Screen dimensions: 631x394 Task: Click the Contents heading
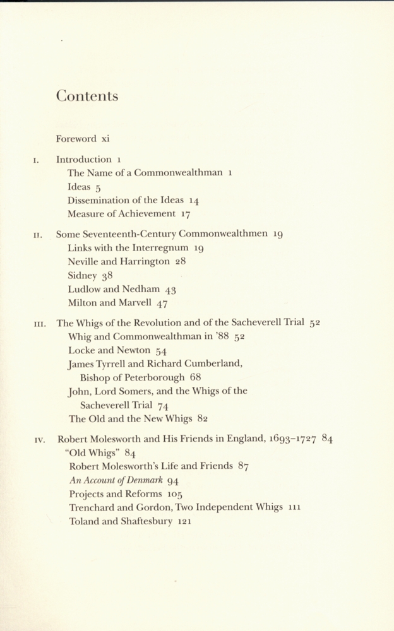(x=87, y=96)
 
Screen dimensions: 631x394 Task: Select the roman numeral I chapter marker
(x=37, y=160)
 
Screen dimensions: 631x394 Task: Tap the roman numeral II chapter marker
(x=37, y=235)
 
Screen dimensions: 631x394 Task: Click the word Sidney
(x=81, y=275)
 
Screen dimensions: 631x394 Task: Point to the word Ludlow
(x=83, y=289)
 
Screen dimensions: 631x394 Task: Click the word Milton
(x=82, y=303)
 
